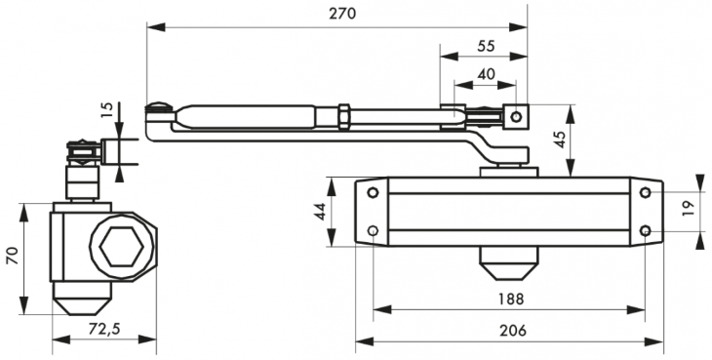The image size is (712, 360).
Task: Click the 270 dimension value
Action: [341, 14]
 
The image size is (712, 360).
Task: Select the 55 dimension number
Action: [484, 46]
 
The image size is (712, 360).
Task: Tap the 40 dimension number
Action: [484, 74]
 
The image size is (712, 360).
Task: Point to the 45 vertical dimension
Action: [558, 139]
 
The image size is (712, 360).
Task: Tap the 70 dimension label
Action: [13, 258]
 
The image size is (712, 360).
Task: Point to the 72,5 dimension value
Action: [102, 329]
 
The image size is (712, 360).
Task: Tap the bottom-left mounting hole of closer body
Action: [374, 231]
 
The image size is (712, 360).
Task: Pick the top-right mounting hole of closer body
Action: [645, 192]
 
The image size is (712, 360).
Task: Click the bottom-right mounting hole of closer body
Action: [645, 231]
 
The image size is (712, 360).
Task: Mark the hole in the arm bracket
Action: [516, 118]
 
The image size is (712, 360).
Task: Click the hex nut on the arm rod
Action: [343, 117]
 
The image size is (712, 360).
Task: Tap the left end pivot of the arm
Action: [154, 116]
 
